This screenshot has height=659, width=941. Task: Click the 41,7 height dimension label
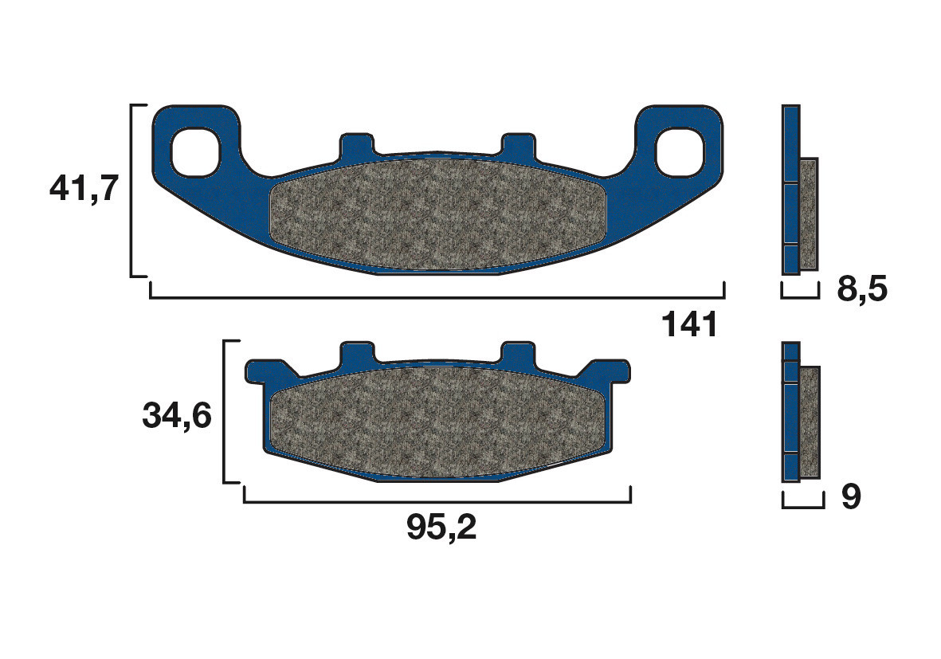pyautogui.click(x=84, y=190)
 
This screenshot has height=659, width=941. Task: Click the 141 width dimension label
pyautogui.click(x=689, y=325)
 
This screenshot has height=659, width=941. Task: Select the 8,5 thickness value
pyautogui.click(x=861, y=289)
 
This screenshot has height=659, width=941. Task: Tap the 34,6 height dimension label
pyautogui.click(x=176, y=415)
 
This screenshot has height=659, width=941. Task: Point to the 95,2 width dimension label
pyautogui.click(x=441, y=527)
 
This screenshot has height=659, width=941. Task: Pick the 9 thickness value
pyautogui.click(x=851, y=498)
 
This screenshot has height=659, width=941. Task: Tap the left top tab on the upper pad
pyautogui.click(x=356, y=145)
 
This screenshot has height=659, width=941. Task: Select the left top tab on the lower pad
pyautogui.click(x=357, y=353)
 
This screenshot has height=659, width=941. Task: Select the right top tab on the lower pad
pyautogui.click(x=518, y=353)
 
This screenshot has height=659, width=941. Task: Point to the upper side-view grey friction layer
pyautogui.click(x=808, y=214)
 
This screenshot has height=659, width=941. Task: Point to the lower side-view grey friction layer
pyautogui.click(x=810, y=422)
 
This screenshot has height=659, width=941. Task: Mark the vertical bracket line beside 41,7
pyautogui.click(x=131, y=190)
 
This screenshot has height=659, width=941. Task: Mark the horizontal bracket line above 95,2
pyautogui.click(x=437, y=502)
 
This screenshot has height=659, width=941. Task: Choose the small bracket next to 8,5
pyautogui.click(x=800, y=296)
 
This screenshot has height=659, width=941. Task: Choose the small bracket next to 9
pyautogui.click(x=802, y=505)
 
